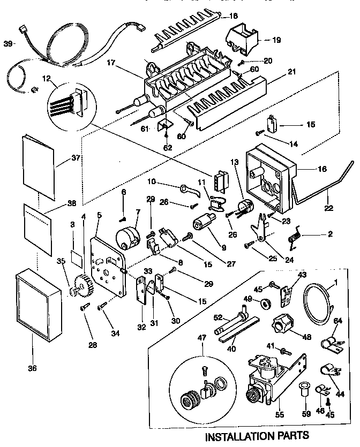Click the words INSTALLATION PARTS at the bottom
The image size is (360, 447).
click(258, 435)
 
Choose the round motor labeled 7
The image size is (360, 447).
click(129, 238)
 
